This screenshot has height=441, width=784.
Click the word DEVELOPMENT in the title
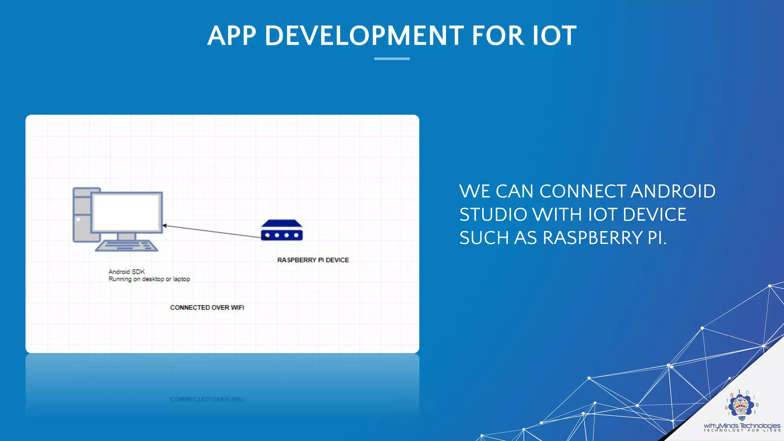click(x=364, y=36)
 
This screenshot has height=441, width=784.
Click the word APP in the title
click(x=232, y=36)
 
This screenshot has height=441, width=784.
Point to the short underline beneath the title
click(x=392, y=59)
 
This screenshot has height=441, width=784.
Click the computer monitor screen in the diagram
click(x=126, y=212)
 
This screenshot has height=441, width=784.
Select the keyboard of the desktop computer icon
click(x=126, y=245)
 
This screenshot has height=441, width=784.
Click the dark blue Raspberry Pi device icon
click(x=282, y=230)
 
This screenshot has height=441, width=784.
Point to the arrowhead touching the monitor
click(x=165, y=225)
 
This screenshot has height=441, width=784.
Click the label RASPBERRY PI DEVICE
click(x=313, y=260)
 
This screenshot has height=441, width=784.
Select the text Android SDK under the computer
click(x=126, y=272)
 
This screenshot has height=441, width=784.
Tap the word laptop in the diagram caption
click(x=181, y=279)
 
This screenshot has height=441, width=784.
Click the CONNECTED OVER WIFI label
click(x=207, y=307)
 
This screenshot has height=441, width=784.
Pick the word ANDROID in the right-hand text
click(x=673, y=191)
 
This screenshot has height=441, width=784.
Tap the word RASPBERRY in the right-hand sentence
click(x=593, y=238)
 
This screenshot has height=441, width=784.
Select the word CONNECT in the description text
click(x=583, y=191)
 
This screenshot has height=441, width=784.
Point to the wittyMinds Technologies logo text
click(x=742, y=425)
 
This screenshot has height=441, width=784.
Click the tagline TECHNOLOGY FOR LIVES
click(x=742, y=431)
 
